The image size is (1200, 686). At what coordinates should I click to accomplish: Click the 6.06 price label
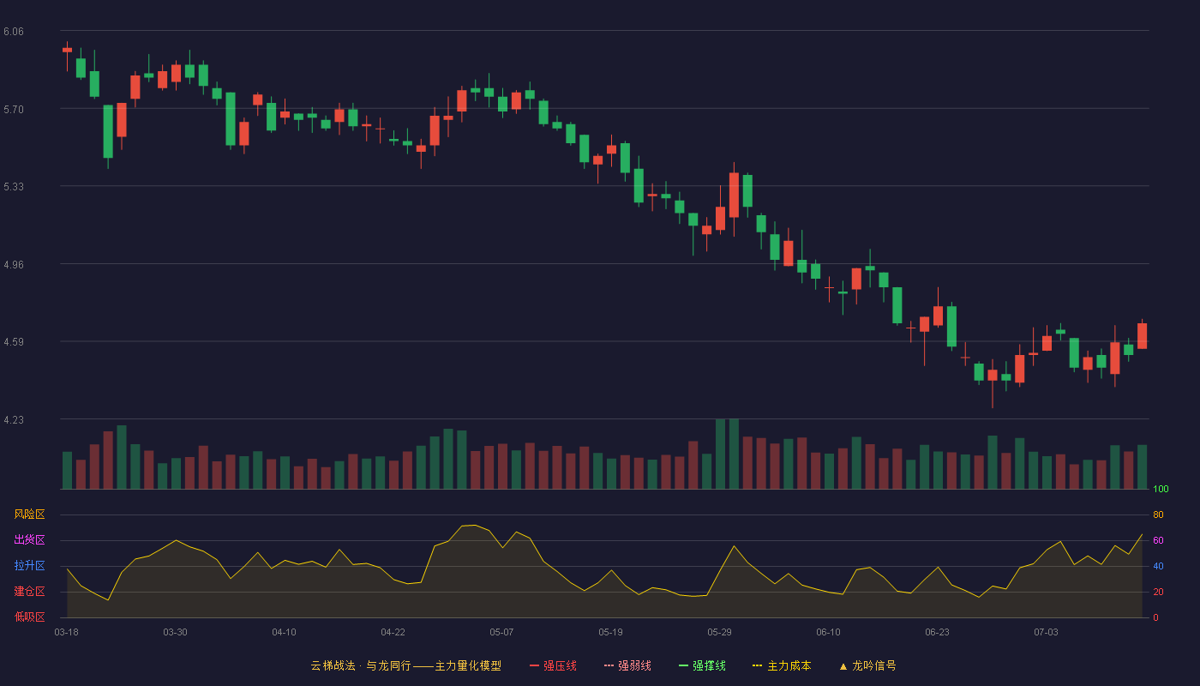click(14, 32)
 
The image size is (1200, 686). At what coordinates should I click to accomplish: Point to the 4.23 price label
click(14, 420)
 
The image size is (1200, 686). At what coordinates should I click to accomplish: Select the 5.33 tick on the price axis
click(14, 187)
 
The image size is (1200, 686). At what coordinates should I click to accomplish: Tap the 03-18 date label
click(67, 633)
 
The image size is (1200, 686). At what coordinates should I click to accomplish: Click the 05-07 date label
click(501, 633)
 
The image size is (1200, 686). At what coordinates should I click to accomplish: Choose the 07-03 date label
click(1046, 633)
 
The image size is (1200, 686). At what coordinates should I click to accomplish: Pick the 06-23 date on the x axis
click(937, 633)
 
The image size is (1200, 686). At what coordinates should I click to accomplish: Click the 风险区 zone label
click(29, 514)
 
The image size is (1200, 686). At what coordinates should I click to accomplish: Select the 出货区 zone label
click(29, 540)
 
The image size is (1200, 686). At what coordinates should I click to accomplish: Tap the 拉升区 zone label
click(29, 566)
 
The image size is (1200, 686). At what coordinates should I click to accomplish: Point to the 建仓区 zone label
click(29, 592)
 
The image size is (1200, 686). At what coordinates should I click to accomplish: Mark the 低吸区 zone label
click(29, 617)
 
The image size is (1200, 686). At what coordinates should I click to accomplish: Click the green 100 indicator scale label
click(1161, 489)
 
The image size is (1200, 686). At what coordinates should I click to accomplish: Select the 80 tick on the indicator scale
click(1158, 515)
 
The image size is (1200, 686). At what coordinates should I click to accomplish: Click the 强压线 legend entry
click(553, 666)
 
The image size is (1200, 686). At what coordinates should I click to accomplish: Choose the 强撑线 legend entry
click(702, 666)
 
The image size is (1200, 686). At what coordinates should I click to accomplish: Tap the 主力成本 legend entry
click(782, 666)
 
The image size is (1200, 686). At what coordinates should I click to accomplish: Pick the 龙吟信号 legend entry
click(867, 666)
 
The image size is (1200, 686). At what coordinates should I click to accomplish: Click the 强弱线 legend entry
click(627, 666)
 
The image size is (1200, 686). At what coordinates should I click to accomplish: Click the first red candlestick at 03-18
click(67, 50)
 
